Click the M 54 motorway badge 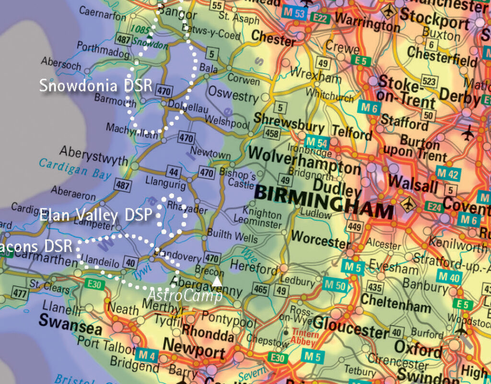pos(316,143)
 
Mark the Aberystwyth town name pos(94,154)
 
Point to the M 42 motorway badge pos(448,174)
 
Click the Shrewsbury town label pos(289,120)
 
